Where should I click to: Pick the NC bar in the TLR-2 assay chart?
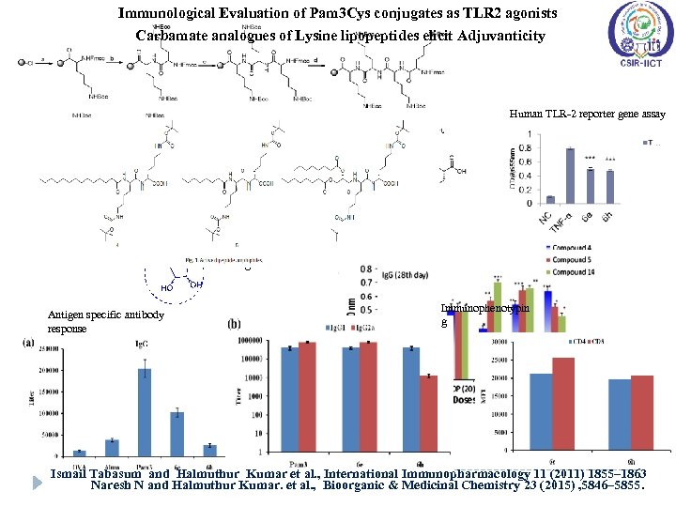(x=550, y=199)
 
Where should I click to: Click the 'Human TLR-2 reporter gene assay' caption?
(x=588, y=114)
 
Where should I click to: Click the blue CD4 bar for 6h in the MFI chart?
(x=619, y=409)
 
